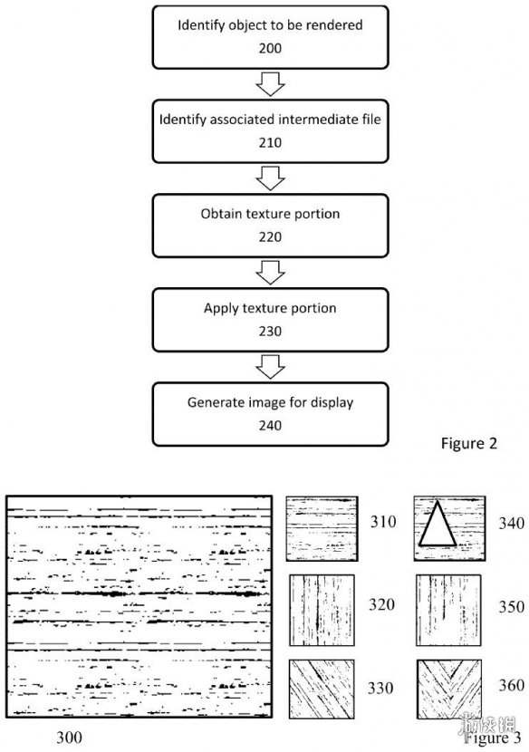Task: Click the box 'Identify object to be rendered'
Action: pos(270,37)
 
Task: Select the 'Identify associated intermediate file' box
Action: pos(270,131)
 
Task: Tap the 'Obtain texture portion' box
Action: pos(270,226)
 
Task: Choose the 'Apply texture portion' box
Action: pos(270,320)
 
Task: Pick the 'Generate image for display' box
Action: pos(270,414)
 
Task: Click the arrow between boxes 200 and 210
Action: pos(270,84)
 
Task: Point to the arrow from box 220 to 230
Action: pos(270,273)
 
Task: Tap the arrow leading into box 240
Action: pos(270,367)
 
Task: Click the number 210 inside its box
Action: pos(270,142)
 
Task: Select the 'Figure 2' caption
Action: pos(469,444)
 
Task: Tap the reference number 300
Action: pos(69,737)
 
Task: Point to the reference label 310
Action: pos(383,521)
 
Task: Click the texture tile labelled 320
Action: pos(322,610)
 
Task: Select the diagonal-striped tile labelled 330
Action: pos(322,689)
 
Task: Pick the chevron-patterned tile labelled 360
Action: pos(449,689)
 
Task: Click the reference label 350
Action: pos(511,607)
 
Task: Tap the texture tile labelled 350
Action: pos(448,610)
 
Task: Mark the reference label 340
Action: pos(511,523)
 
